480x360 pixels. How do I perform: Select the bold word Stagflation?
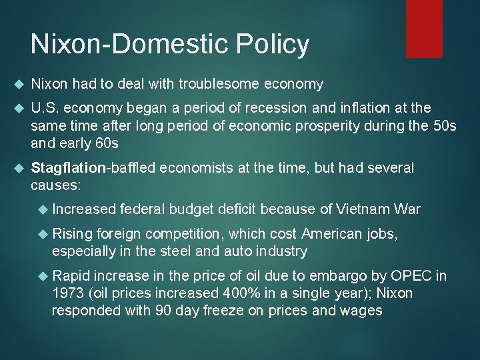[x=65, y=167]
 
